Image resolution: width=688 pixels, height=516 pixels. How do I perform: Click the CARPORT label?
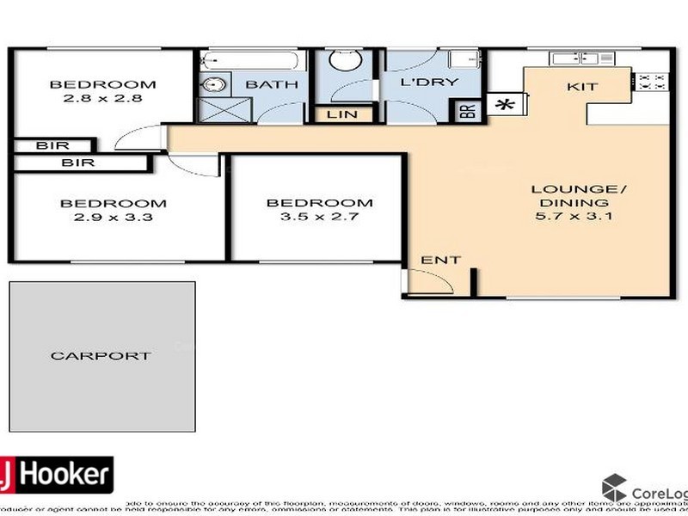[x=101, y=355]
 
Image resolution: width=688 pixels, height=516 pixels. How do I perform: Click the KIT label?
[x=581, y=87]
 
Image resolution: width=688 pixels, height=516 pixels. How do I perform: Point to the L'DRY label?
[x=428, y=83]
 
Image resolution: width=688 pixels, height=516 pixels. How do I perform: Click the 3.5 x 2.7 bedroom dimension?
[x=319, y=217]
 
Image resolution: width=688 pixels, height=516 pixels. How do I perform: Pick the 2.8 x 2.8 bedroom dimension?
[x=102, y=98]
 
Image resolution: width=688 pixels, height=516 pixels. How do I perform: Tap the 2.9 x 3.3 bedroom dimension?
[x=113, y=218]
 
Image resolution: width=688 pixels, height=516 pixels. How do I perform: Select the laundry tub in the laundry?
[x=464, y=59]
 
